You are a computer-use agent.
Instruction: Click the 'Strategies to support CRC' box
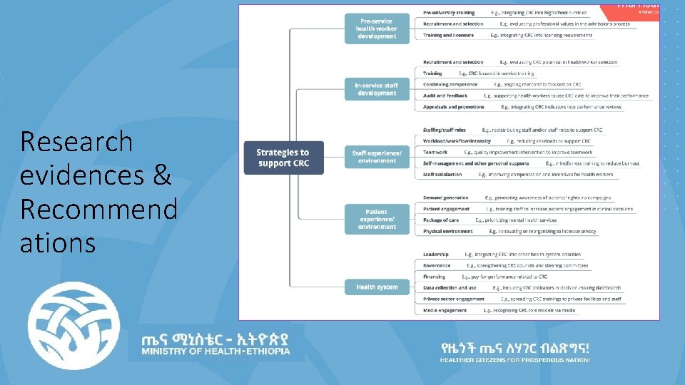click(283, 158)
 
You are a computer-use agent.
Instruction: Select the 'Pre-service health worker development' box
click(377, 29)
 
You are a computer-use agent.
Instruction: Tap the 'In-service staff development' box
click(377, 89)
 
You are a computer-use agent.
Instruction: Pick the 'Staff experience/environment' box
click(377, 156)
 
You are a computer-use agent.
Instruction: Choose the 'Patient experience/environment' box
click(377, 219)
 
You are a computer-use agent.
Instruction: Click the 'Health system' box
click(377, 287)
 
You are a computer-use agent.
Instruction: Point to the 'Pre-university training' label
click(448, 13)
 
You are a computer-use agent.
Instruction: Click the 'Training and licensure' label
click(448, 35)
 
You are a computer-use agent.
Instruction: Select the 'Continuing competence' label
click(450, 84)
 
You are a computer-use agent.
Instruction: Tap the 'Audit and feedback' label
click(445, 96)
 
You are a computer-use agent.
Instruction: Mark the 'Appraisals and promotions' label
click(453, 107)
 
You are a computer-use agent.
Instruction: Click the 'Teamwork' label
click(435, 152)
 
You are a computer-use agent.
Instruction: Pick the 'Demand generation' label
click(445, 197)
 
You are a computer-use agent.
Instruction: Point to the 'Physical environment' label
click(447, 231)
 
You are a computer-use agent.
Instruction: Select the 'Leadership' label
click(436, 255)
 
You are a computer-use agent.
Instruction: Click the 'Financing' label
click(434, 277)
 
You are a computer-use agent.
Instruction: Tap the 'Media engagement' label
click(445, 310)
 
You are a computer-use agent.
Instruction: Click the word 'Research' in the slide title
click(76, 141)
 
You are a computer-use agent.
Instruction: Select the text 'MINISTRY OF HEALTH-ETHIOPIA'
click(215, 351)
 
